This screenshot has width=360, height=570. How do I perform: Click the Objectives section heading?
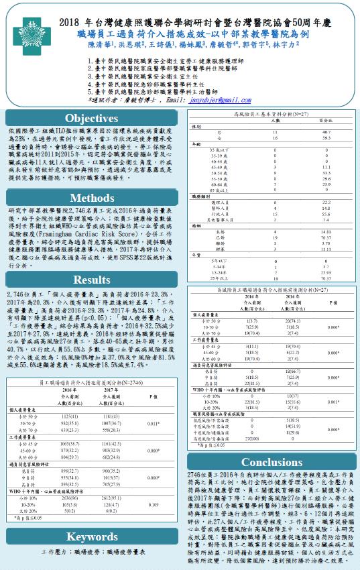point(92,118)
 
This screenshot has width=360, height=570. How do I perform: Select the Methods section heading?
point(92,198)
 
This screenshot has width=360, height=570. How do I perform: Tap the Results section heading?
point(92,280)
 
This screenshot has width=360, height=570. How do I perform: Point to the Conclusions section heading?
point(272,462)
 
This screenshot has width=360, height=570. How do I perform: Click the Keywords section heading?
point(92,536)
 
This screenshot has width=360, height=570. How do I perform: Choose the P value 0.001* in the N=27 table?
point(326,402)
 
